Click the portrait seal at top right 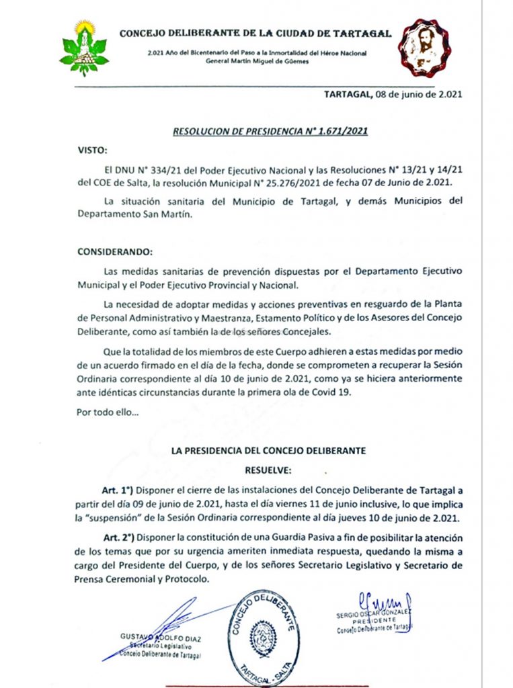pos(426,48)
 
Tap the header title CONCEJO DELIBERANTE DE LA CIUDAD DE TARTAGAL pos(255,34)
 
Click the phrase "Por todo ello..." pos(108,412)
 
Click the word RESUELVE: pos(268,469)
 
